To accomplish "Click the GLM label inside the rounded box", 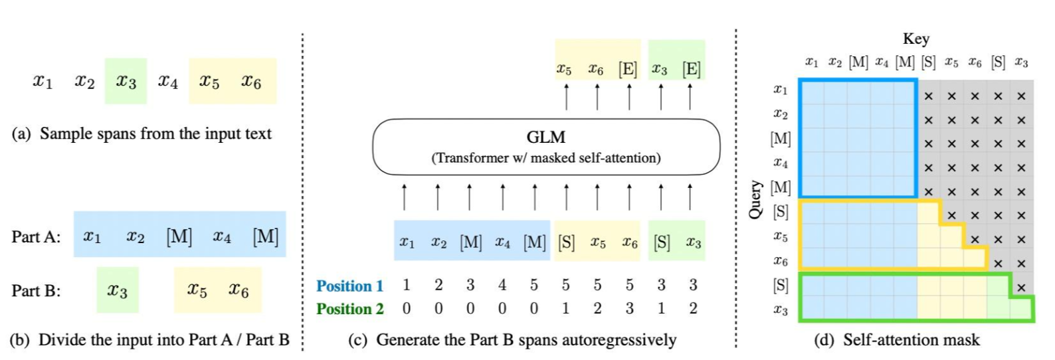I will point(545,137).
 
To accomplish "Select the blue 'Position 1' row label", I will point(349,286).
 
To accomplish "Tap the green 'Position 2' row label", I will point(349,309).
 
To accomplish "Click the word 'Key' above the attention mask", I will point(915,39).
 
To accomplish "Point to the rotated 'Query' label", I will point(755,199).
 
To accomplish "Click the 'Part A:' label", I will point(36,236).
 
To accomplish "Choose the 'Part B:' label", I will point(36,291).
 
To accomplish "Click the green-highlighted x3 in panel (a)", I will point(126,81).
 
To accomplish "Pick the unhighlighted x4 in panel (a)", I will point(167,81).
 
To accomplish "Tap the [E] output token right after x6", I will point(627,68).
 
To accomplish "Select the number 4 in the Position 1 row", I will point(502,285).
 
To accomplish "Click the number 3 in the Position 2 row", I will point(629,308).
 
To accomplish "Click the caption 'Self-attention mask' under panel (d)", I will point(911,340).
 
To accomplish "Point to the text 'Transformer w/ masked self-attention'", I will point(546,158).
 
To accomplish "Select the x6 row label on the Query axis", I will point(780,261).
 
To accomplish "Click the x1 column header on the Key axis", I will point(811,62).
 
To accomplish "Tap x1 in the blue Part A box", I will point(92,236).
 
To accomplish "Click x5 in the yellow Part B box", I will point(197,290).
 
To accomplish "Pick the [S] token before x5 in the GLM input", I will point(566,242).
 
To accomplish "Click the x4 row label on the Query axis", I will point(780,163).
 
